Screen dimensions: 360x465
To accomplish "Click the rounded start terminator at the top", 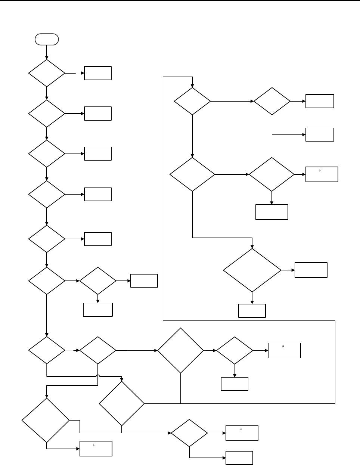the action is click(47, 39).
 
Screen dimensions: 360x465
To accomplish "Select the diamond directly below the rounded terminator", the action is click(47, 73).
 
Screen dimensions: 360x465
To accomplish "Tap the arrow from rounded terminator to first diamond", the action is click(47, 52).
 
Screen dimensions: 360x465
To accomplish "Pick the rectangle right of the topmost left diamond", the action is click(98, 73).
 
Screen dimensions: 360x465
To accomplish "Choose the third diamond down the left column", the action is click(47, 154).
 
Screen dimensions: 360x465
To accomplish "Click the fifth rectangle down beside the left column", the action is click(98, 239).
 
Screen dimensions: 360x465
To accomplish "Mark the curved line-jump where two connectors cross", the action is click(98, 376).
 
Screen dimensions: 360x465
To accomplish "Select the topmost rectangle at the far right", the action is click(320, 101).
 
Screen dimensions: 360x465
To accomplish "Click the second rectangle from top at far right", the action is click(320, 134).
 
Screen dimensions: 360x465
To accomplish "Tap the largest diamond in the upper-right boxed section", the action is click(252, 270).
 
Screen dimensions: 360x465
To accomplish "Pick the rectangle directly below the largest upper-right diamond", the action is click(252, 311).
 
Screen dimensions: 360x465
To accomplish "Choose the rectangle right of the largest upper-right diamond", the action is click(311, 270).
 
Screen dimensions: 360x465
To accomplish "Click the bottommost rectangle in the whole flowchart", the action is click(239, 458).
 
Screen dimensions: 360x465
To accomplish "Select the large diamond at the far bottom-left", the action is click(46, 420).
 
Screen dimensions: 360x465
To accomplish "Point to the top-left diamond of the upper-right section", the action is click(192, 101).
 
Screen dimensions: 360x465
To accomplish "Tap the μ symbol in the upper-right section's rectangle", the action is click(320, 170).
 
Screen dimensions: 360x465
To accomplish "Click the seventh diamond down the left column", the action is click(47, 350).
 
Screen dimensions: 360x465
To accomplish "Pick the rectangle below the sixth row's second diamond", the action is click(98, 310).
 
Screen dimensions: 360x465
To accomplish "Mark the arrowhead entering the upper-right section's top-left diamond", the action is click(192, 86).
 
